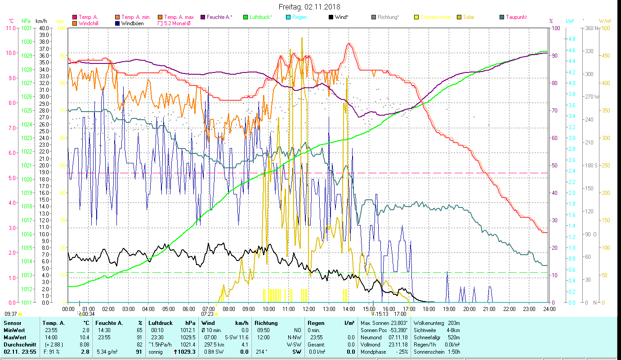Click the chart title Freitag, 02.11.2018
coord(309,7)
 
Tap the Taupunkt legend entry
coord(516,17)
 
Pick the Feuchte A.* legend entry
coord(219,17)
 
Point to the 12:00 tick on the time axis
coord(308,309)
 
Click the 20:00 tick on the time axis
coord(469,309)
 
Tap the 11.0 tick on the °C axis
coord(10,28)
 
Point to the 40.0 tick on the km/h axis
coord(44,28)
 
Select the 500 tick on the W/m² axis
coord(606,28)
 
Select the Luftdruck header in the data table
coord(160,323)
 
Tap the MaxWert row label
coord(14,337)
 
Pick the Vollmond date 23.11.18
coord(397,344)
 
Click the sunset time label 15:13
coord(382,314)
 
